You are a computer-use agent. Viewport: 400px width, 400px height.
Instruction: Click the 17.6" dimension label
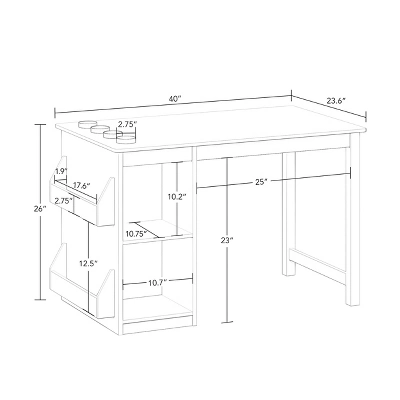[82, 185]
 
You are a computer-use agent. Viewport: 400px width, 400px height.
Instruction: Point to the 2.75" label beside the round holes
[127, 125]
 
